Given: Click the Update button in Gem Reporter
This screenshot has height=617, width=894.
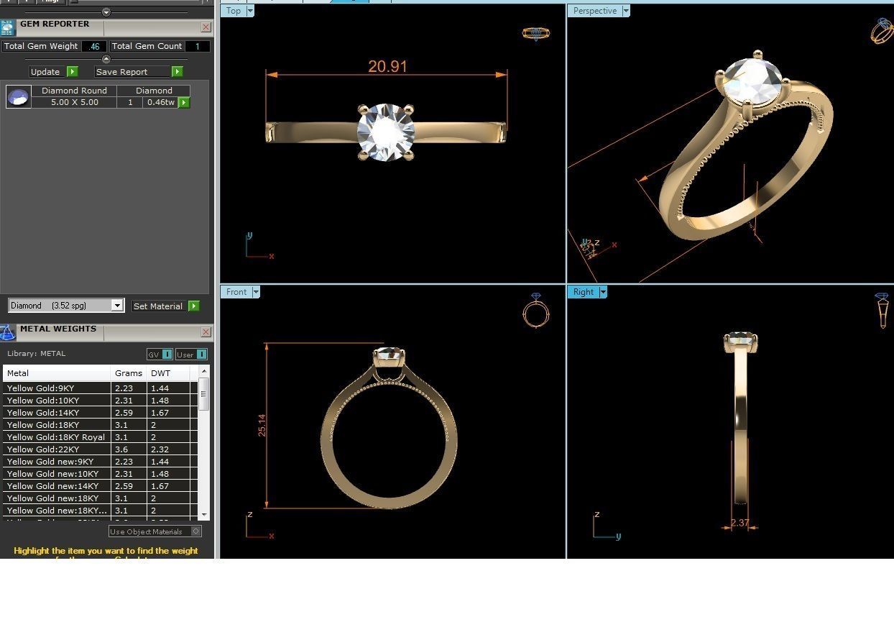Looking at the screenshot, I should click(45, 72).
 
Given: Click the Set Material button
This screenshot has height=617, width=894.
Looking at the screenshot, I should click(158, 306).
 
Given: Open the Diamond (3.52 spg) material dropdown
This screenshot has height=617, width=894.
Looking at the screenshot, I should click(117, 306).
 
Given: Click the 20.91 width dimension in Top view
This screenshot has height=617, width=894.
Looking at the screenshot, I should click(387, 66).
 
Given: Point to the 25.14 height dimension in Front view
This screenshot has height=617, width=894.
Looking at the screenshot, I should click(262, 425).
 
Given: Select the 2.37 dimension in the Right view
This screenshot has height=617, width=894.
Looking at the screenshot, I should click(740, 523).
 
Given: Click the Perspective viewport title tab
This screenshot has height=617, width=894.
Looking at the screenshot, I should click(594, 11).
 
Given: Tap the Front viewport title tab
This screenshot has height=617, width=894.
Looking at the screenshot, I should click(236, 292).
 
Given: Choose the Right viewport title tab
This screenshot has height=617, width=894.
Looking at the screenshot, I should click(583, 292).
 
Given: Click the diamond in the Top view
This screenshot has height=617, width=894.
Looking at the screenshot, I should click(386, 132).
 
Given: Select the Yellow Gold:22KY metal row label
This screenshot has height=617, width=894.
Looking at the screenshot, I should click(43, 449).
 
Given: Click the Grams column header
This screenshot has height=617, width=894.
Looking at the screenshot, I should click(129, 373).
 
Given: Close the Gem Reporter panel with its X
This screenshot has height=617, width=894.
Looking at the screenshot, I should click(206, 27).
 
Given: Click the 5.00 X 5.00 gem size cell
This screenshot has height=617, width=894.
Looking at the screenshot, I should click(74, 102).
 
